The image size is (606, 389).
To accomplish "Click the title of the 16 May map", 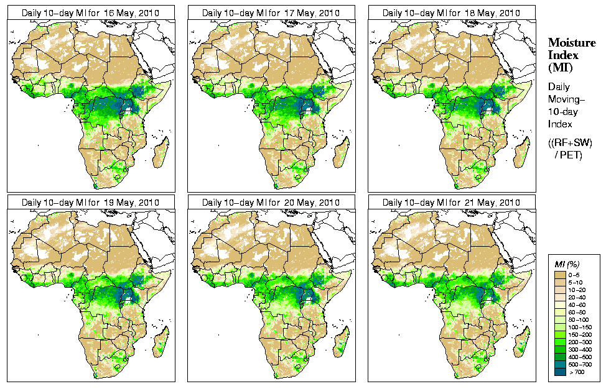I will (x=90, y=12).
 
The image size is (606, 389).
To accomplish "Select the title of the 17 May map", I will (x=271, y=12).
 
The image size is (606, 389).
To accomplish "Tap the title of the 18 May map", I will (x=451, y=12).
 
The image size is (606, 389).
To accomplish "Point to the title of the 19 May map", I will (x=90, y=203).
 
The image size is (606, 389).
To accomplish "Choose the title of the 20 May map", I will (x=271, y=203).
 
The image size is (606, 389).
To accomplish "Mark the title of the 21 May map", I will (x=451, y=203).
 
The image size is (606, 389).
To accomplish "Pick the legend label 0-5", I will (x=576, y=274).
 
